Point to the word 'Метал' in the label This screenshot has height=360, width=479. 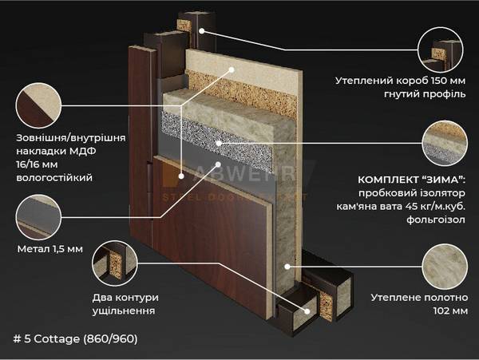point(32,248)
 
